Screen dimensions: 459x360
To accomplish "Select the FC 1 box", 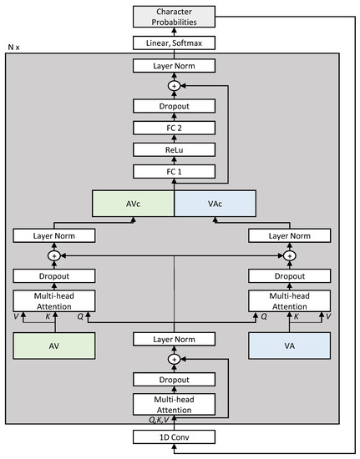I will pyautogui.click(x=174, y=170).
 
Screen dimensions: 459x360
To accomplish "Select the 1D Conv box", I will pyautogui.click(x=174, y=437).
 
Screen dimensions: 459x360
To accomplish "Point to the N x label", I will pyautogui.click(x=14, y=49).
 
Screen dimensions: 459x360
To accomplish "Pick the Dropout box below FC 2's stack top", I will pyautogui.click(x=174, y=107).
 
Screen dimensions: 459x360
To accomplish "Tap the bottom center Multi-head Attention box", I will pyautogui.click(x=174, y=404).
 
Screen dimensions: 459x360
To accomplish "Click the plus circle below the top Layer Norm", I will pyautogui.click(x=174, y=86).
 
